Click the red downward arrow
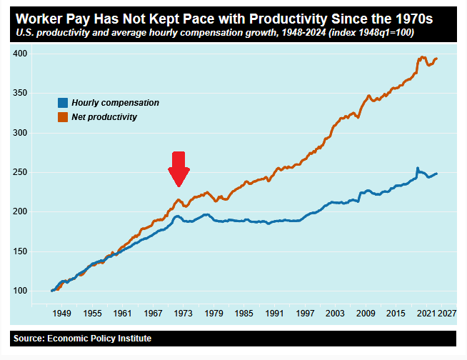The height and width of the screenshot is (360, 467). click(x=179, y=169)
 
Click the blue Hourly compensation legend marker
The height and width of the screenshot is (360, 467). click(x=63, y=103)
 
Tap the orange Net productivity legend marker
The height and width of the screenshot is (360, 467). click(x=63, y=116)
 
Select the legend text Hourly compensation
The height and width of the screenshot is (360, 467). click(x=115, y=103)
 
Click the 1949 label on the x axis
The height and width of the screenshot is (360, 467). click(x=62, y=314)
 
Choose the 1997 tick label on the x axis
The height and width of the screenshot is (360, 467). click(x=305, y=314)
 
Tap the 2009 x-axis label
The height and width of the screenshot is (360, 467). click(x=366, y=314)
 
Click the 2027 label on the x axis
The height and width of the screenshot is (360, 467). click(x=447, y=314)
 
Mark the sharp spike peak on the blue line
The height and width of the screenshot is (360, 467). click(x=417, y=169)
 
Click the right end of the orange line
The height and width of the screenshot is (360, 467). click(x=436, y=59)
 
